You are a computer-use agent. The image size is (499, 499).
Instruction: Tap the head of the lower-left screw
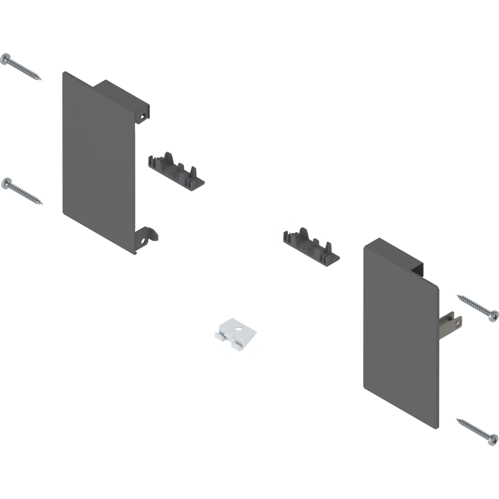(x=6, y=183)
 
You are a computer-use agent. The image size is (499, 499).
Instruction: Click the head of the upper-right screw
(x=493, y=314)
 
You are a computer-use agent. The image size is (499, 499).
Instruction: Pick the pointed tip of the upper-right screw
(x=457, y=295)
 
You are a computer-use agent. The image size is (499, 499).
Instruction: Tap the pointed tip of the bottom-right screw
(x=457, y=419)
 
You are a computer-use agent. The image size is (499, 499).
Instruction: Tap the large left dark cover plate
(x=98, y=162)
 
